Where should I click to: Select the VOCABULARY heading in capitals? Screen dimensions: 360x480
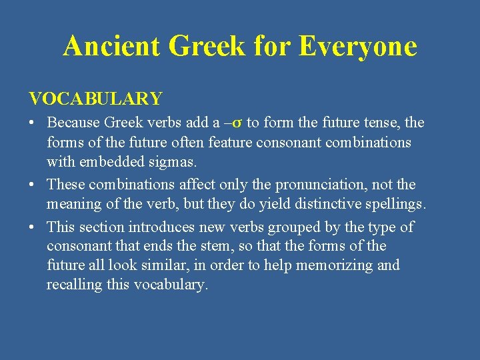click(95, 99)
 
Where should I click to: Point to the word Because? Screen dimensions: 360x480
click(73, 123)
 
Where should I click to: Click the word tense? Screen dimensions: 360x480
click(382, 123)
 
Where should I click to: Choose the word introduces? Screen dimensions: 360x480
click(175, 227)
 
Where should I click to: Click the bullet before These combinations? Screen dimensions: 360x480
click(32, 185)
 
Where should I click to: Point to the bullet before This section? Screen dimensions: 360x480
click(32, 227)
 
